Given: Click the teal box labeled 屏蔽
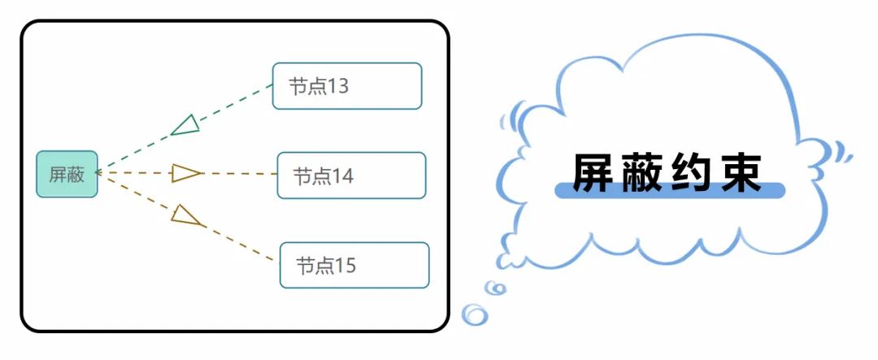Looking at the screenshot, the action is point(67,174).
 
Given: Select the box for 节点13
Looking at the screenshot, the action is point(347,85).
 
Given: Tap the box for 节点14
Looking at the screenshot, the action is point(351,175).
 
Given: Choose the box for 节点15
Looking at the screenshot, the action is point(354,265).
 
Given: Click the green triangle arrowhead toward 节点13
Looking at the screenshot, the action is point(186,124).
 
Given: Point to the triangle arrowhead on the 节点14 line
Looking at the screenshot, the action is point(186,173).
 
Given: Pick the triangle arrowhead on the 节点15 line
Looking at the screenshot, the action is point(186,215).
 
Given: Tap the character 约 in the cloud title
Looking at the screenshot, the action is point(695,173).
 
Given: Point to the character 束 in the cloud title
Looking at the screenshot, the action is point(743,173).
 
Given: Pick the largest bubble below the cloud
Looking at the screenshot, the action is point(474,314).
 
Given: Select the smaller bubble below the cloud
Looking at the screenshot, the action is point(495,288).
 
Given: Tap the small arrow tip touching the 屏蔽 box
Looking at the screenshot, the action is point(98,172).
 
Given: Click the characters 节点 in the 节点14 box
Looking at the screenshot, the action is point(311,176).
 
